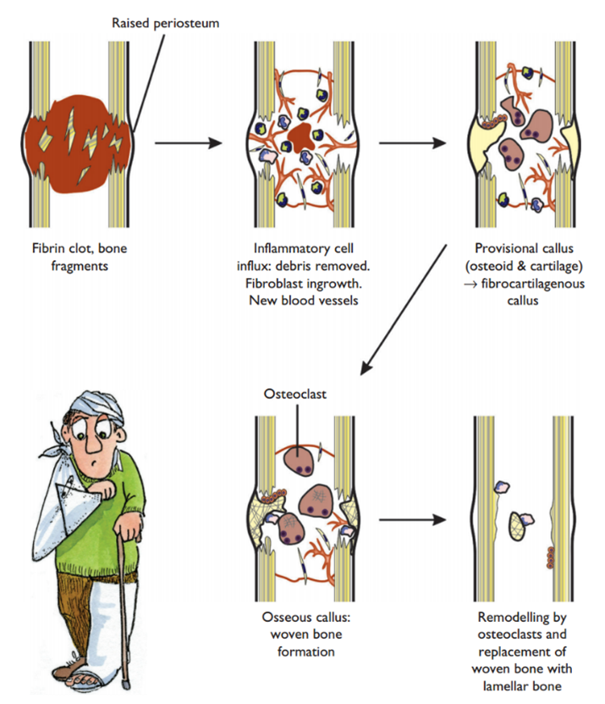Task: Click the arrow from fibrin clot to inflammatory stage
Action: pos(183,142)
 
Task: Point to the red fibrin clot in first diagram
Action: pos(76,152)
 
